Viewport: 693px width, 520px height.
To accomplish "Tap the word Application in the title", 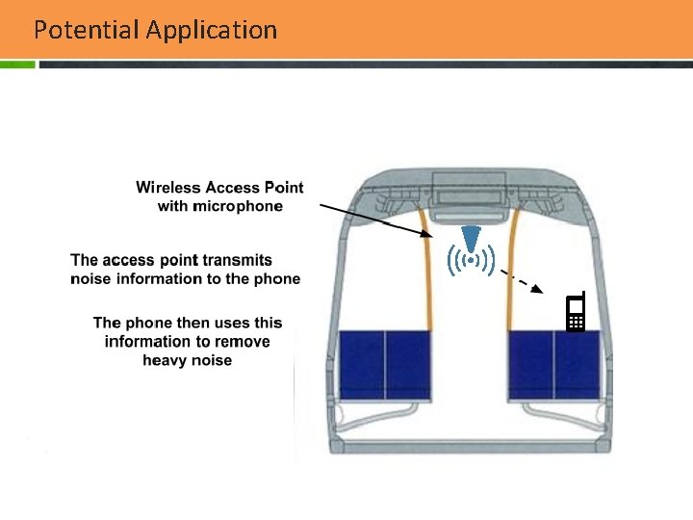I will (x=212, y=30).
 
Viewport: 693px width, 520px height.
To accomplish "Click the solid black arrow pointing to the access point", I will (x=375, y=221).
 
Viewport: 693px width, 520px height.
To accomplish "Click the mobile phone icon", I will (x=576, y=313).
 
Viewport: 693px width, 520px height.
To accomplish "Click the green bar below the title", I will (x=17, y=65).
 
